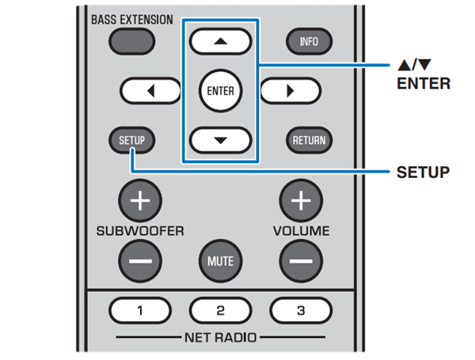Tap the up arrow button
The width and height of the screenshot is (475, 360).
point(220,41)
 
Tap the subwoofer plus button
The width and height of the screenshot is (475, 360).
point(139,200)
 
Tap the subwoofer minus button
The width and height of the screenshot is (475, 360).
point(139,259)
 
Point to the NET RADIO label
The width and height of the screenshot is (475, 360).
point(220,338)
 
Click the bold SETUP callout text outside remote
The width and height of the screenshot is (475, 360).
point(424,171)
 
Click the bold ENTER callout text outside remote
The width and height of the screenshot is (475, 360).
point(424,82)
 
